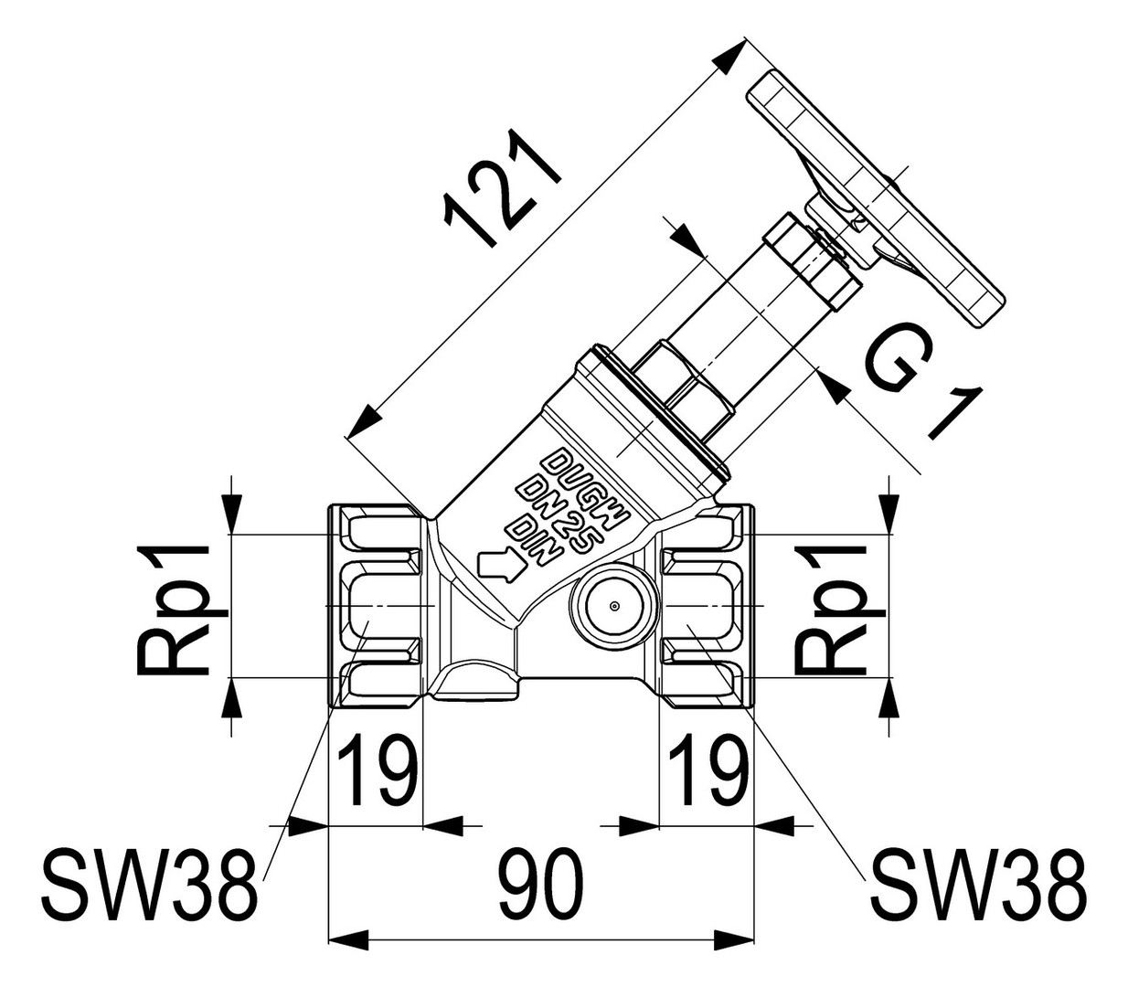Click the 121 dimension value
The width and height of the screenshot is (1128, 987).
[502, 189]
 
